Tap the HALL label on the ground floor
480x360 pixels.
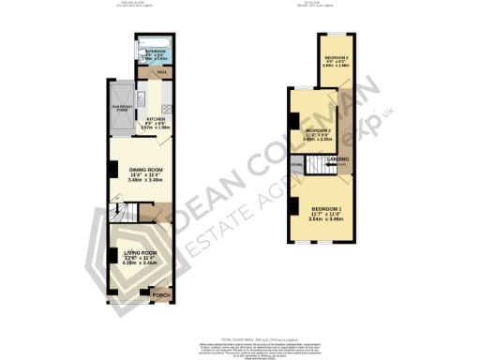tap(162, 72)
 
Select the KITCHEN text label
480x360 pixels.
tap(154, 120)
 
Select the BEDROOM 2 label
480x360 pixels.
tap(317, 130)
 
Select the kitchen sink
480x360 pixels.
tap(140, 95)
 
